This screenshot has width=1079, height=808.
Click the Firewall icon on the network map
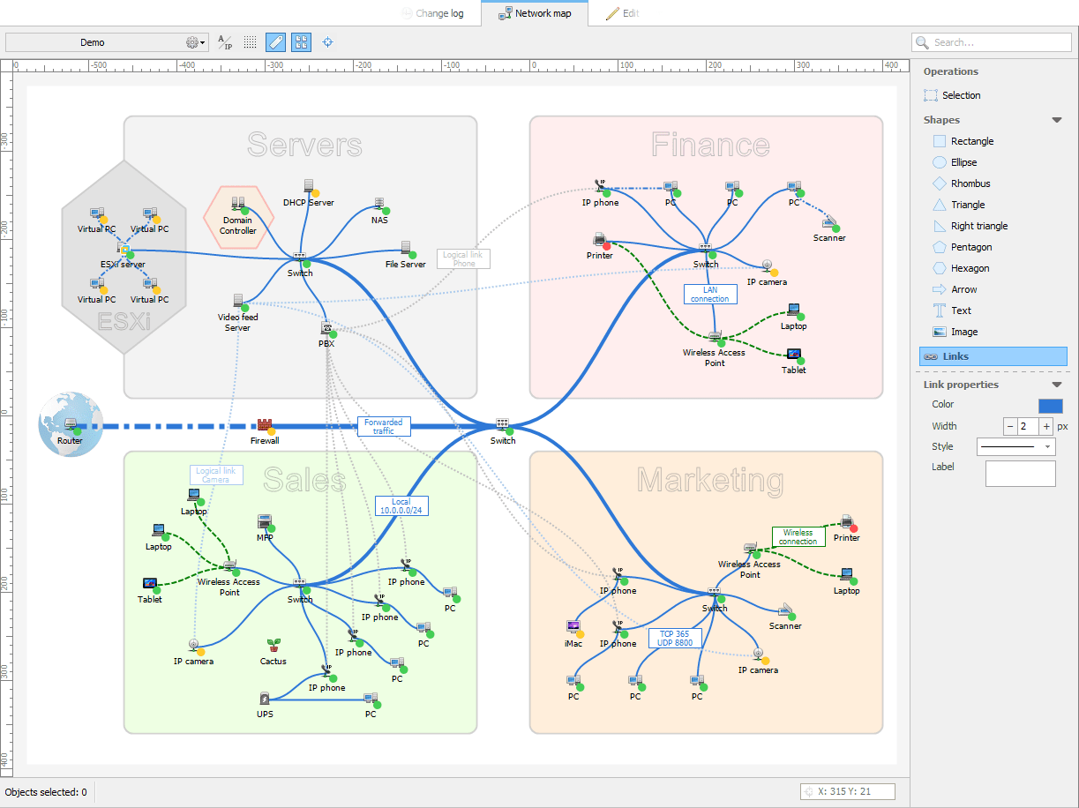264,426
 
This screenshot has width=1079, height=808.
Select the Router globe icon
71,424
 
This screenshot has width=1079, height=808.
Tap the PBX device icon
326,329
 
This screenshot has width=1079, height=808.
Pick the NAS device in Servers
379,205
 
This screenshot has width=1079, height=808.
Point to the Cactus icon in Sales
273,646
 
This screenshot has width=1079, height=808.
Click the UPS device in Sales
265,699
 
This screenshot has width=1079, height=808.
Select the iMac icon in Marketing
573,627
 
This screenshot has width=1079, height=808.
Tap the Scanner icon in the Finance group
828,222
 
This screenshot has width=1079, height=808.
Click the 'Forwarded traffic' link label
384,427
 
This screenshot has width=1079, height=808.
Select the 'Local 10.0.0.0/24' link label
401,505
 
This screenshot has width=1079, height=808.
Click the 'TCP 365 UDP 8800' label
675,638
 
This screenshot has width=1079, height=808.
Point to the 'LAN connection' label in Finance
710,294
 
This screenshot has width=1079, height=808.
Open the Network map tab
535,13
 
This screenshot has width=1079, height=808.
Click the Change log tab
434,13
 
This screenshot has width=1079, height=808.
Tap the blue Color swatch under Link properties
1050,406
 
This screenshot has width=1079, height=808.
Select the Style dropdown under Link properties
1015,447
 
